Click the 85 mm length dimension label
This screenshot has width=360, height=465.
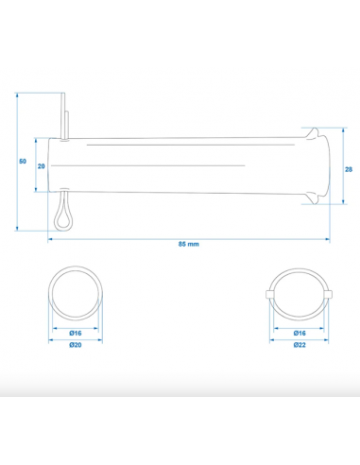pyautogui.click(x=189, y=244)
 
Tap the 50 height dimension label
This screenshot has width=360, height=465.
pyautogui.click(x=23, y=162)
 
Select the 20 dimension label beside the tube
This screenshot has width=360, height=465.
pyautogui.click(x=42, y=166)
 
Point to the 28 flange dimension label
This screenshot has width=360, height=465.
pyautogui.click(x=349, y=169)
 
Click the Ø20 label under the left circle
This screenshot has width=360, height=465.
pyautogui.click(x=76, y=345)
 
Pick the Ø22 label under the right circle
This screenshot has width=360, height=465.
pyautogui.click(x=300, y=345)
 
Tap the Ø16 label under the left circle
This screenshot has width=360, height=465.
pyautogui.click(x=76, y=334)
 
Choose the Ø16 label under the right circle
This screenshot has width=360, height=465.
pyautogui.click(x=300, y=334)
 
